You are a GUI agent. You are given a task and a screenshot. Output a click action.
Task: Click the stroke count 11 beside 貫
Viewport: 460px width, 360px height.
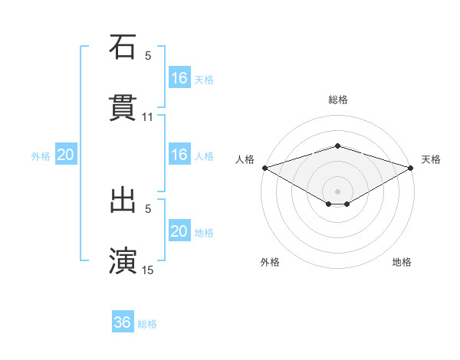coord(148,117)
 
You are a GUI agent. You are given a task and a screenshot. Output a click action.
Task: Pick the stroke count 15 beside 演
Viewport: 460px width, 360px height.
coord(148,270)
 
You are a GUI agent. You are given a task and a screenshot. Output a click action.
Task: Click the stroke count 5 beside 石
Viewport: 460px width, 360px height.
coord(148,56)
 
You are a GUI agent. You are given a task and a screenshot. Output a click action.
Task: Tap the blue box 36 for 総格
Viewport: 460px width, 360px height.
coord(123,322)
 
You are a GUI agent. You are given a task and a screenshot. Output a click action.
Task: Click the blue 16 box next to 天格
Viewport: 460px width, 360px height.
coord(179,77)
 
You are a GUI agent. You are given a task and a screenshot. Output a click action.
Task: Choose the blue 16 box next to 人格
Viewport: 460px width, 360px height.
coord(179,155)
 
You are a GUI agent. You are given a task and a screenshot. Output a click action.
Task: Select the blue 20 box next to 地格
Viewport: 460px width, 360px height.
coord(179,231)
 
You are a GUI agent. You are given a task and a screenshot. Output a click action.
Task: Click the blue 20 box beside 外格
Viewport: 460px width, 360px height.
coord(66,155)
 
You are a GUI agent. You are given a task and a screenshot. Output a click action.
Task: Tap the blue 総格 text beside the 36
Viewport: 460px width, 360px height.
coord(148,324)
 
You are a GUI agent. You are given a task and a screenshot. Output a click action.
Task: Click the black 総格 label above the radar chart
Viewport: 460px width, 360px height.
coord(338,100)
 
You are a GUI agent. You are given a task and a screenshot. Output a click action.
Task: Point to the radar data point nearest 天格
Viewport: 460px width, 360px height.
coord(412,168)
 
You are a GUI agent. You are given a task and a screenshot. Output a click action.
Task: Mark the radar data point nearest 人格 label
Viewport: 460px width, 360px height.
coord(264,168)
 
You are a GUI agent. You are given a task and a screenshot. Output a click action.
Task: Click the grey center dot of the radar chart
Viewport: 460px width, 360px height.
coord(338,191)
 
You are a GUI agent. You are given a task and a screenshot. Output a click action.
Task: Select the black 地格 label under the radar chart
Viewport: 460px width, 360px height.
coord(402,262)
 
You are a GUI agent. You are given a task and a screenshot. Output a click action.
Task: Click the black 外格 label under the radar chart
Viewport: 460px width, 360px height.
coord(270,262)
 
